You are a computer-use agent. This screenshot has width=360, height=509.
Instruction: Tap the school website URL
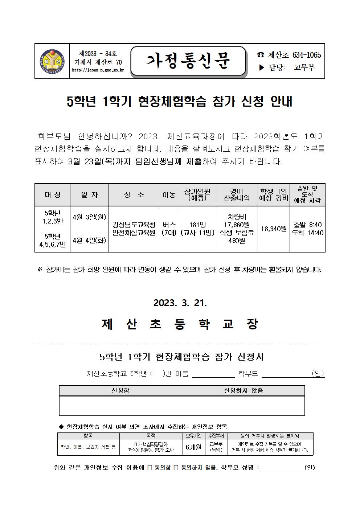pos(98,70)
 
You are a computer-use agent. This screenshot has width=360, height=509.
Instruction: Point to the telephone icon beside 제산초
pos(261,55)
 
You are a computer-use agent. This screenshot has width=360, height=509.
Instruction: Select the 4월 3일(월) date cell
pos(89,217)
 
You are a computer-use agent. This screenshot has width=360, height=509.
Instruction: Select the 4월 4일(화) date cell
pos(89,240)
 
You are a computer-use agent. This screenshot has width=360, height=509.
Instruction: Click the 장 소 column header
pos(134,195)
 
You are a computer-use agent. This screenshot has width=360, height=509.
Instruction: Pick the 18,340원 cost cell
pos(274,229)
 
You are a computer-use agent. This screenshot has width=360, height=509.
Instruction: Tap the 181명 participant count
pos(197,225)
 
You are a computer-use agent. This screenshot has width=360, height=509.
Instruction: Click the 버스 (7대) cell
pos(169,229)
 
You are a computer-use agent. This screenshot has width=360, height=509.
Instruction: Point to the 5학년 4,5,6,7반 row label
pos(53,240)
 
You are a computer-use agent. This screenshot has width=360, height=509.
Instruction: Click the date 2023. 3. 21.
pos(180,303)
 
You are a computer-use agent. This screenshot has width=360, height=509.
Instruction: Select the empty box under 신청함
pos(120,406)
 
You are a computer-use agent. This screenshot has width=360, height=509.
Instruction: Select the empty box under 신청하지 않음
pos(243,406)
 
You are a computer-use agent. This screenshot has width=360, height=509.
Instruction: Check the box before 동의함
pos(150,468)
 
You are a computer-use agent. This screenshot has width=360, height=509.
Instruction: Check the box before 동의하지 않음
pos(176,468)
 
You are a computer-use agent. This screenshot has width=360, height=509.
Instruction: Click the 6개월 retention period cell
pos(193,447)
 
